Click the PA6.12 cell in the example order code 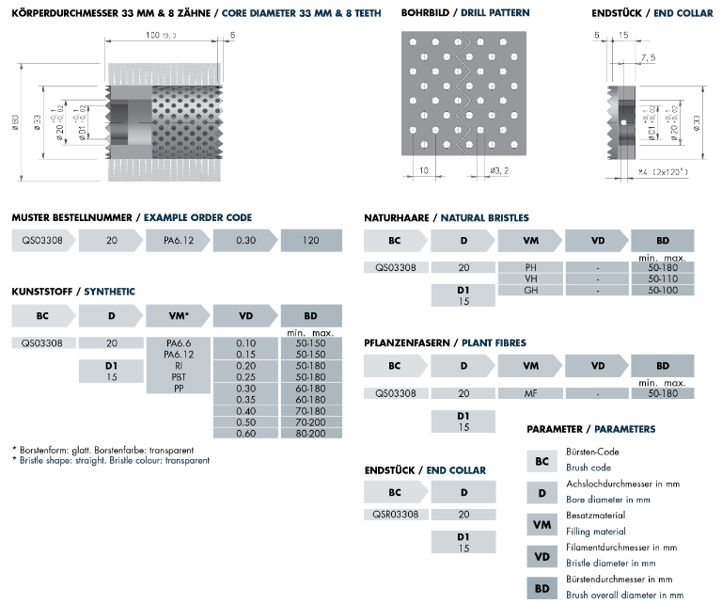click(x=176, y=241)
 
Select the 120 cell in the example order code click(x=311, y=241)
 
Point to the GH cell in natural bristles click(x=530, y=290)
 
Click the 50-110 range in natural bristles click(x=663, y=278)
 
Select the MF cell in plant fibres click(x=530, y=393)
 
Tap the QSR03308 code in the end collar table click(x=396, y=515)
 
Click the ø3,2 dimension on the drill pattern click(x=499, y=170)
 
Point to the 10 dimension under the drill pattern click(x=425, y=170)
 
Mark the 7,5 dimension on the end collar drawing click(x=648, y=57)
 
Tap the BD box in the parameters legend click(x=541, y=589)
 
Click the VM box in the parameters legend click(x=541, y=525)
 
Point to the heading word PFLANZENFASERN click(x=403, y=342)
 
